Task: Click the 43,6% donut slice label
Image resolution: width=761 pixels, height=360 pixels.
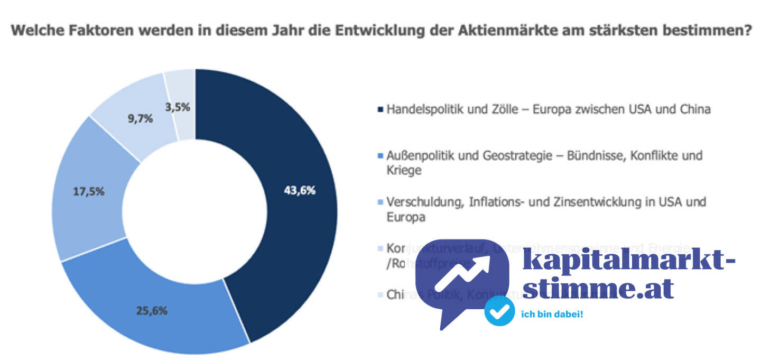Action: click(x=300, y=191)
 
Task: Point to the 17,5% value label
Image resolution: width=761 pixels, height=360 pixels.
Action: click(x=88, y=191)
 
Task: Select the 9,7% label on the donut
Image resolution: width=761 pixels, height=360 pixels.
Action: click(x=140, y=119)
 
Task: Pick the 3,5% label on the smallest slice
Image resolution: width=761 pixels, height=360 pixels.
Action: click(x=177, y=107)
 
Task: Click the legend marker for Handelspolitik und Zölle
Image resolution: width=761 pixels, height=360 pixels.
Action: click(x=379, y=110)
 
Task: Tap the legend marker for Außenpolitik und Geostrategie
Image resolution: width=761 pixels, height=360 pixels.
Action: click(x=379, y=156)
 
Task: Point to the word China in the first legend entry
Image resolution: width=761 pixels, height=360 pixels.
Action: click(x=694, y=110)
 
